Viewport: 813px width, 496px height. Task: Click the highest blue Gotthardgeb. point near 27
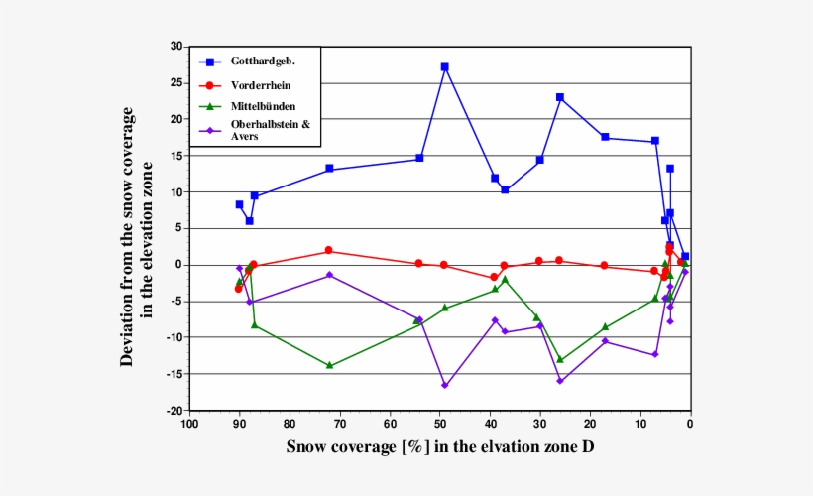pyautogui.click(x=444, y=67)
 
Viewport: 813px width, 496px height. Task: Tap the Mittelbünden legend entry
pyautogui.click(x=262, y=105)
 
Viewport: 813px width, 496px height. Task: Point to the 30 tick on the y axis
pyautogui.click(x=175, y=47)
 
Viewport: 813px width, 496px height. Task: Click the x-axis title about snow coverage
pyautogui.click(x=440, y=447)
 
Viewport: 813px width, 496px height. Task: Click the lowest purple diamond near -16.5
pyautogui.click(x=444, y=385)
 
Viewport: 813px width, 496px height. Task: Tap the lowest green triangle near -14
pyautogui.click(x=329, y=365)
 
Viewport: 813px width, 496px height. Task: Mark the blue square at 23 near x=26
pyautogui.click(x=560, y=97)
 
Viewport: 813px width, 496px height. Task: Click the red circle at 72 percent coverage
pyautogui.click(x=329, y=251)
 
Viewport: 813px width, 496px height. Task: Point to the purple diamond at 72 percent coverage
pyautogui.click(x=329, y=275)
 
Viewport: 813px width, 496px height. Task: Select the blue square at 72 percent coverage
pyautogui.click(x=329, y=169)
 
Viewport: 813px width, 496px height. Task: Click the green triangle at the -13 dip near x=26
pyautogui.click(x=560, y=359)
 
